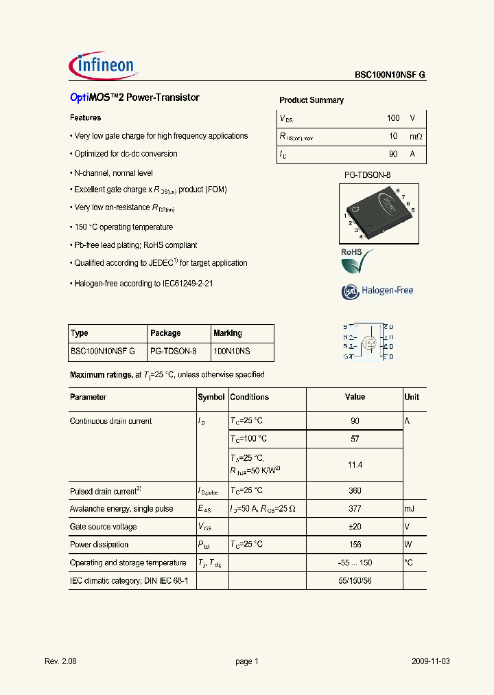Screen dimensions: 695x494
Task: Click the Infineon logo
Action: tap(104, 66)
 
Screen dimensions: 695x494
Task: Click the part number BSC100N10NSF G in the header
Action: tap(390, 76)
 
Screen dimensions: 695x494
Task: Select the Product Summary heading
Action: tap(311, 100)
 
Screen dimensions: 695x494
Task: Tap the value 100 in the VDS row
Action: tap(392, 118)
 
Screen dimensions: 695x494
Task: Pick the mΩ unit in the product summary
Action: tap(415, 137)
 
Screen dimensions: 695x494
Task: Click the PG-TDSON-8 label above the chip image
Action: tap(367, 175)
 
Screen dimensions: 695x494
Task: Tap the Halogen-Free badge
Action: tap(378, 290)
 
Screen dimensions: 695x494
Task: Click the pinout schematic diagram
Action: tap(368, 341)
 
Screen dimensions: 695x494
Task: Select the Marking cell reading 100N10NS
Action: tap(232, 351)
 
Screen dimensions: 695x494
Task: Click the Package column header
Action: tap(165, 333)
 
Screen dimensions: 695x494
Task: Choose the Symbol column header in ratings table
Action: tap(211, 397)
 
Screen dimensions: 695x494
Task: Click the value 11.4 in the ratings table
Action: tap(355, 465)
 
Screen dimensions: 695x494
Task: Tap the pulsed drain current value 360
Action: tap(355, 491)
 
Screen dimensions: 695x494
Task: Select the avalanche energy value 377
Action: tap(355, 509)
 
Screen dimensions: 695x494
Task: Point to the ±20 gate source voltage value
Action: tap(355, 527)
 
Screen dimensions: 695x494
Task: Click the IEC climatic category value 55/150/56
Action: tap(355, 580)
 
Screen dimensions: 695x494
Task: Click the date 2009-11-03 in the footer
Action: tap(431, 661)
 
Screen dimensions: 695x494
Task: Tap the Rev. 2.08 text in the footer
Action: tap(61, 661)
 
